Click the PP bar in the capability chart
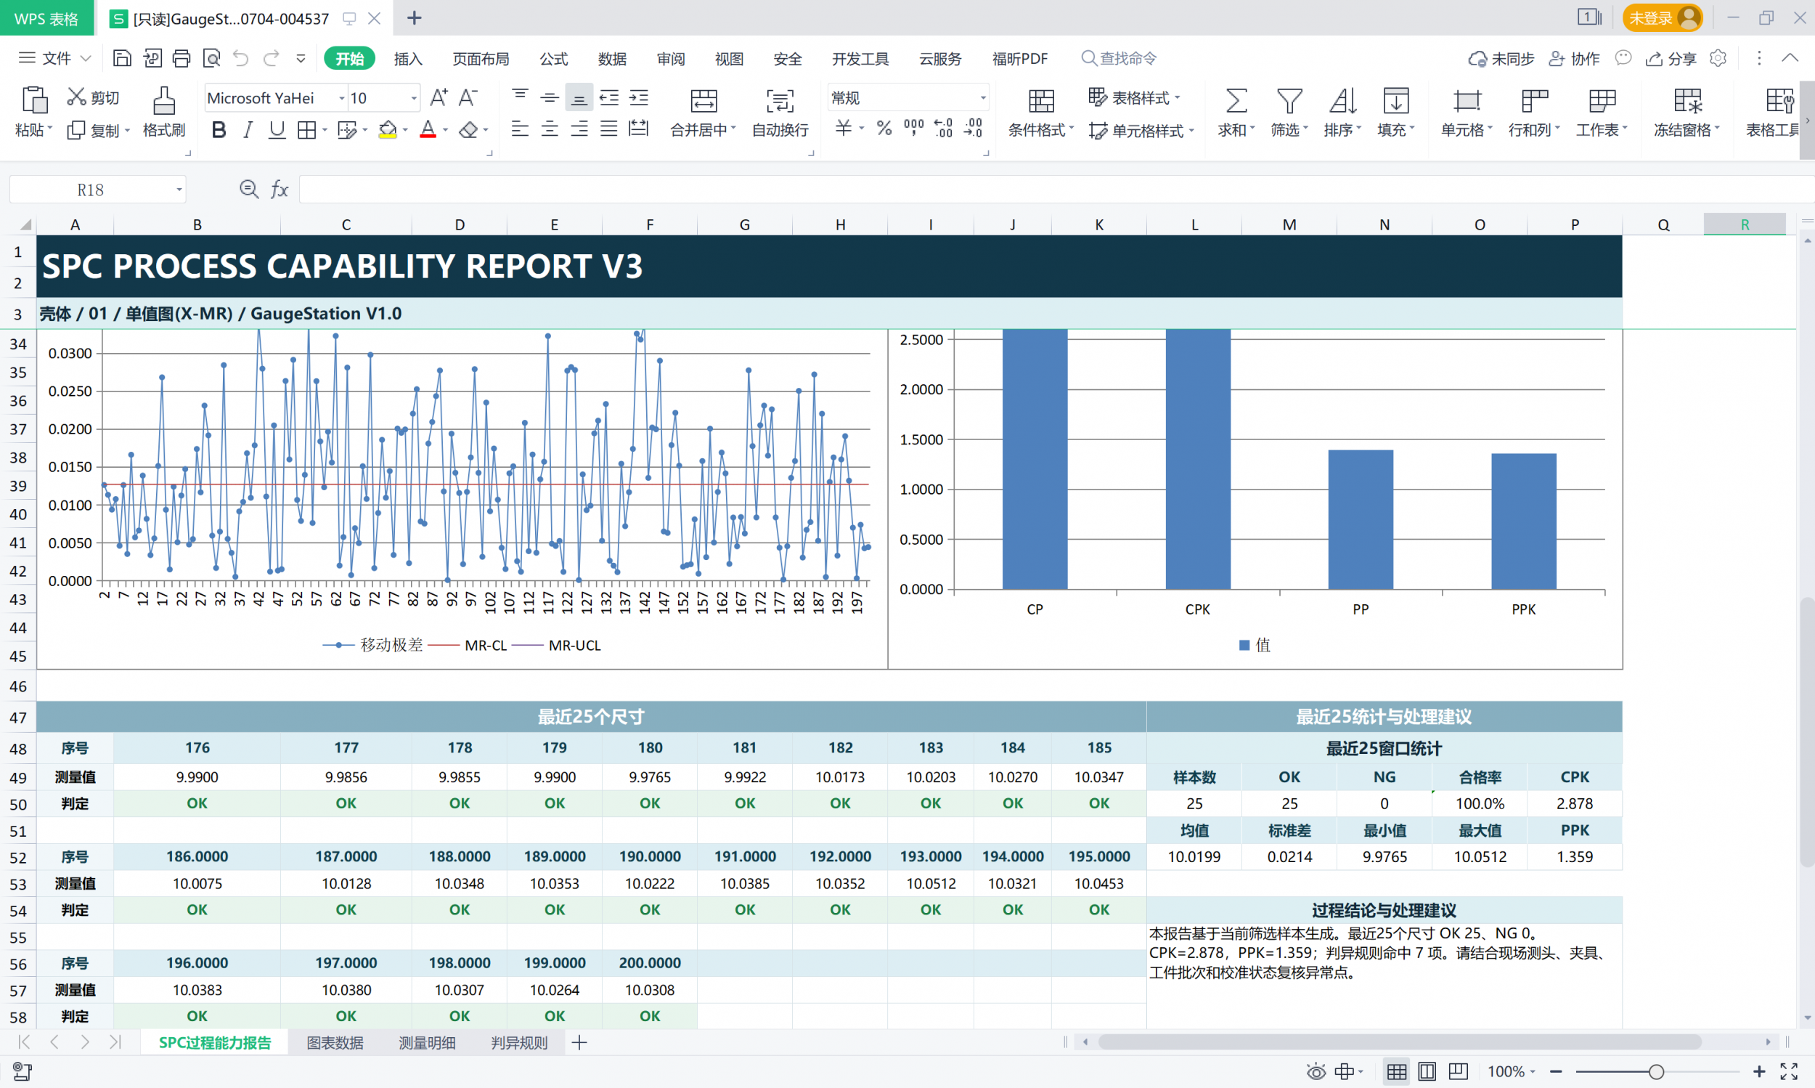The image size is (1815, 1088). click(x=1360, y=519)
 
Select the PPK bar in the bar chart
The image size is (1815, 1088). click(x=1523, y=521)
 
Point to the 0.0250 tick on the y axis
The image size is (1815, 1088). click(x=70, y=391)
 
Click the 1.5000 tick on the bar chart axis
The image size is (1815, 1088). click(x=921, y=439)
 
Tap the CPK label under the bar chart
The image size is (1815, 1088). click(x=1197, y=609)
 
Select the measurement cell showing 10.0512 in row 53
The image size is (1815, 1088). click(x=931, y=883)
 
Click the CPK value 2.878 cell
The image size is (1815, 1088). click(x=1575, y=803)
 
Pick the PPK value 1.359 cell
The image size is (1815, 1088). click(x=1575, y=856)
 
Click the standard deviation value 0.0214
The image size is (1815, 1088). click(x=1289, y=856)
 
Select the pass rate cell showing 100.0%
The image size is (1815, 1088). click(x=1480, y=803)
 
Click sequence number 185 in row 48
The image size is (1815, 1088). click(x=1099, y=748)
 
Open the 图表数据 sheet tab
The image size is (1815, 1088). click(x=335, y=1042)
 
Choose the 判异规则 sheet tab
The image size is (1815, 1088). click(x=519, y=1042)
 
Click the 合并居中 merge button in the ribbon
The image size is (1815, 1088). click(x=703, y=113)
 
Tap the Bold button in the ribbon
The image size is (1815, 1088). click(x=219, y=130)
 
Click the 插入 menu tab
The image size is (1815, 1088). click(x=408, y=59)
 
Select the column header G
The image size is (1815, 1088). click(x=744, y=224)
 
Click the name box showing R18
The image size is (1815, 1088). click(x=97, y=190)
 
